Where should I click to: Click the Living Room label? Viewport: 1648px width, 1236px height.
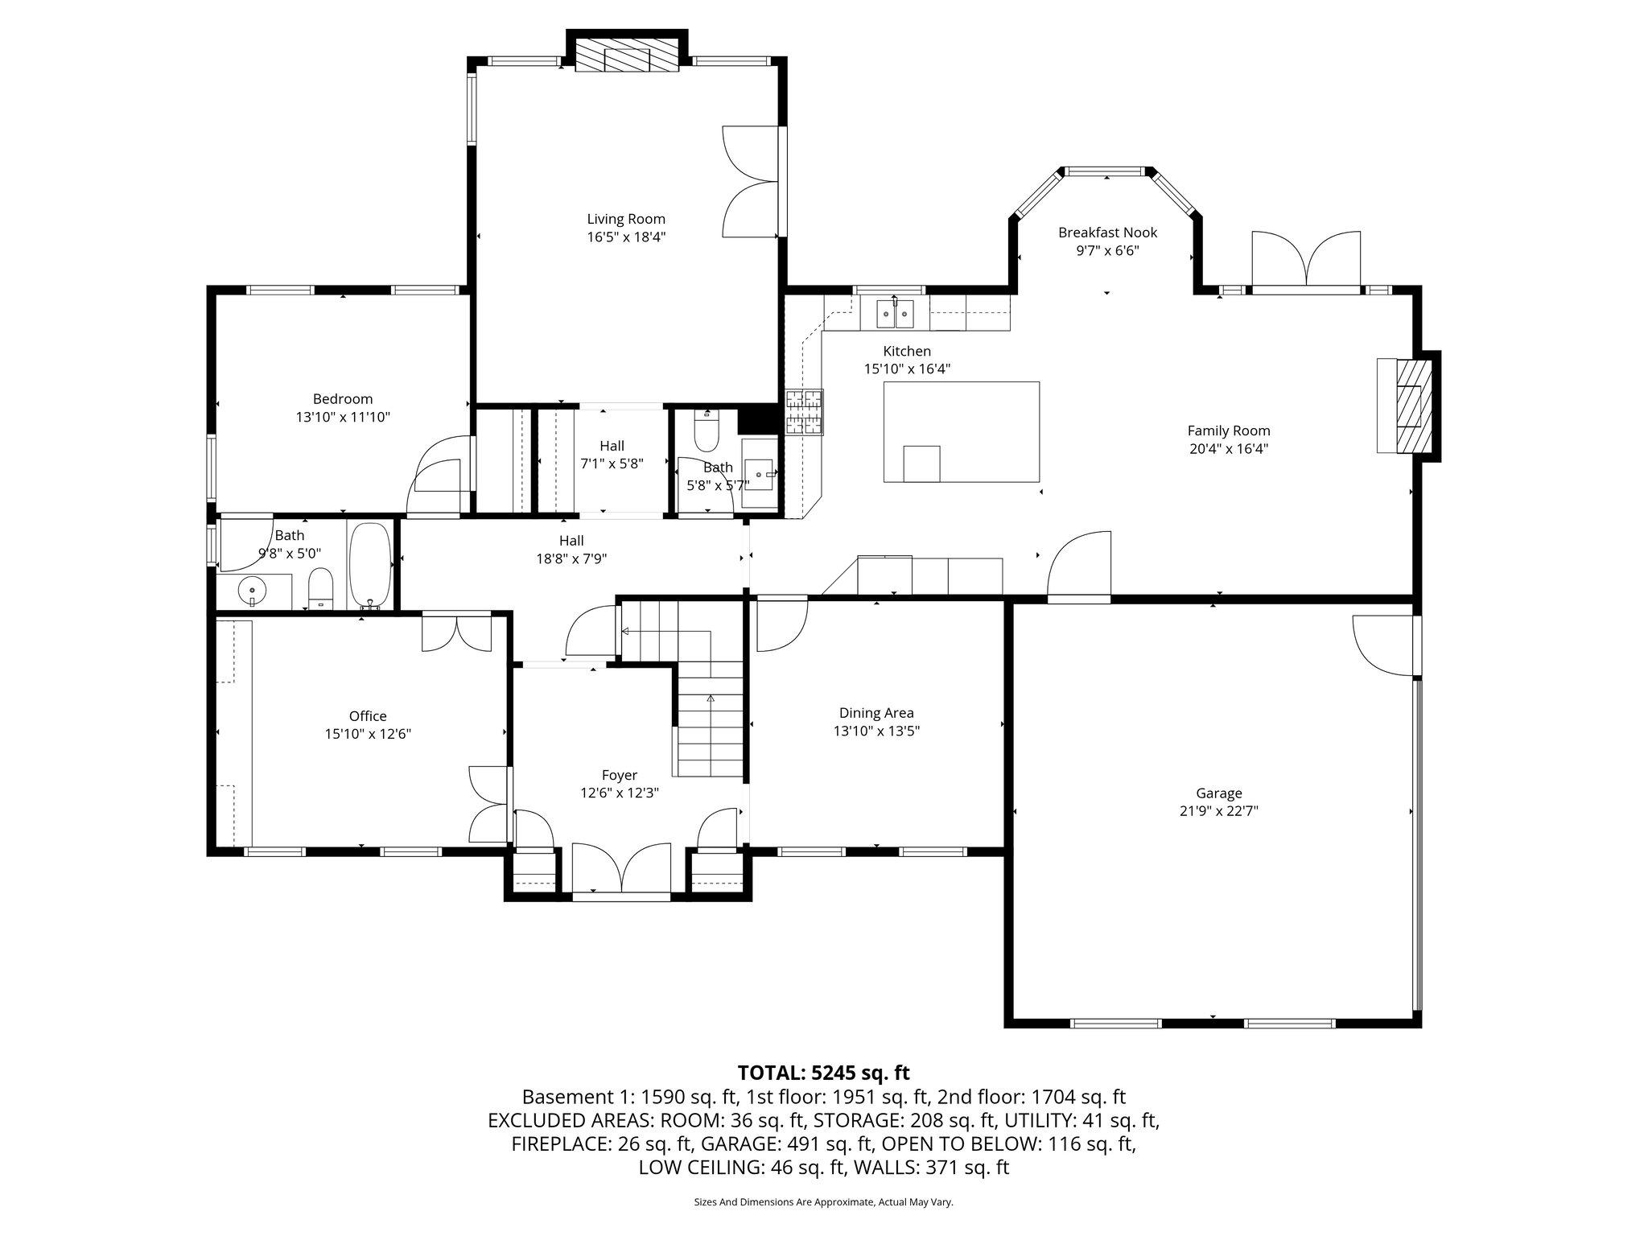625,219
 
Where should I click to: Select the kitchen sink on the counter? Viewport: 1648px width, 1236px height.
895,312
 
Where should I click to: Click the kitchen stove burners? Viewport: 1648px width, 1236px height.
805,412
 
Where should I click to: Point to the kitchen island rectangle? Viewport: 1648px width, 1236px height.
961,431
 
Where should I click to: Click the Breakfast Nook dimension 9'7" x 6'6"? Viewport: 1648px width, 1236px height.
1107,250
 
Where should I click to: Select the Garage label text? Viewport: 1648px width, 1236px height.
1218,793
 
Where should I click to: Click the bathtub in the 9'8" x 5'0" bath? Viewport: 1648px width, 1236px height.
370,564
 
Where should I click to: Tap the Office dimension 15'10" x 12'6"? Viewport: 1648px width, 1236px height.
368,734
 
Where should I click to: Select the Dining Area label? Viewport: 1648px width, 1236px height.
875,713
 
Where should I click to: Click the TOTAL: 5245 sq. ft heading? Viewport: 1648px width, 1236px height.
823,1073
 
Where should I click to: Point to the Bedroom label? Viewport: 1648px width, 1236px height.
342,399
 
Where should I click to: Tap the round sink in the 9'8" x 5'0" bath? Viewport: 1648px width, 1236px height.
253,592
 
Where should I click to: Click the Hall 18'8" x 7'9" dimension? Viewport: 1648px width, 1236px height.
571,558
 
